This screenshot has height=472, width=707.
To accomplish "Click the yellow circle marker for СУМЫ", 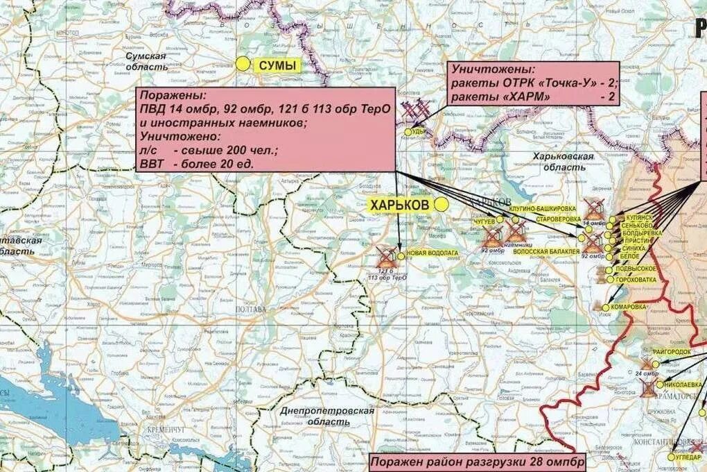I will (x=242, y=64).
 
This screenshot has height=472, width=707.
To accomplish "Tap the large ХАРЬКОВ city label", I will (x=401, y=205).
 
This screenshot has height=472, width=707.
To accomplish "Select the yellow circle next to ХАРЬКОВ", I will (x=441, y=204).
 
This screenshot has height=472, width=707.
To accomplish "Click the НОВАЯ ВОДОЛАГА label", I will (x=433, y=254).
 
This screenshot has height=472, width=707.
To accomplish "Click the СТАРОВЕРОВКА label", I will (x=553, y=219).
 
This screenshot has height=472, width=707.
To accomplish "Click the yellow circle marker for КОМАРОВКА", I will (x=606, y=307).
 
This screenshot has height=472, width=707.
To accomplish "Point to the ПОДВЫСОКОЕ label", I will (x=636, y=269).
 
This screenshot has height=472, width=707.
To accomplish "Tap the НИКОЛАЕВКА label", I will (x=683, y=384).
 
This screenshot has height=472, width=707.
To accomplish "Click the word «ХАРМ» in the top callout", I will (x=529, y=96).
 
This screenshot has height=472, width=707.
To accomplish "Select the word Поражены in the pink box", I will (x=167, y=96).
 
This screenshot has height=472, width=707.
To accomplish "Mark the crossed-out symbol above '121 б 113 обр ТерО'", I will (x=385, y=257).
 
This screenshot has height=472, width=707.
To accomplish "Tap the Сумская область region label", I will (x=145, y=61).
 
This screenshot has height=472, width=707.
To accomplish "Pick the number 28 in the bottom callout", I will (x=536, y=462).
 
